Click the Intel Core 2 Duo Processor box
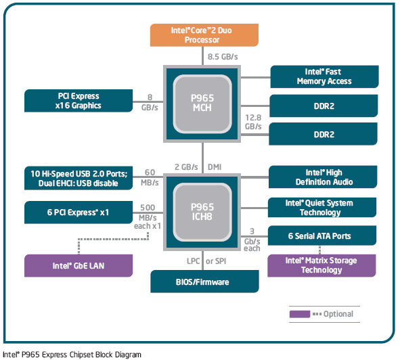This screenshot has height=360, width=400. pyautogui.click(x=204, y=35)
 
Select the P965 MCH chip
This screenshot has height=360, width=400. pyautogui.click(x=202, y=104)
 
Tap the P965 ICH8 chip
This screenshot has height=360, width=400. pyautogui.click(x=202, y=212)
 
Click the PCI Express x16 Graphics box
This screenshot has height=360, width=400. pyautogui.click(x=79, y=101)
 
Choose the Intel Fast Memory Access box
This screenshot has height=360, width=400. pyautogui.click(x=324, y=76)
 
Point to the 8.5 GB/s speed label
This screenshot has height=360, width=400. pyautogui.click(x=223, y=57)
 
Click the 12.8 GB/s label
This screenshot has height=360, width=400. pyautogui.click(x=253, y=122)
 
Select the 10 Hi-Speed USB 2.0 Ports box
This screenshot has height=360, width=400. pyautogui.click(x=79, y=178)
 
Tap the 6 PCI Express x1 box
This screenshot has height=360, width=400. pyautogui.click(x=79, y=212)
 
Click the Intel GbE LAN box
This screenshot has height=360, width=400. pyautogui.click(x=79, y=265)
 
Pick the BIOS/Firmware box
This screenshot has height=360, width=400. pyautogui.click(x=204, y=282)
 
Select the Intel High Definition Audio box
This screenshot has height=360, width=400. pyautogui.click(x=323, y=177)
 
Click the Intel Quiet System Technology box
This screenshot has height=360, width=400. pyautogui.click(x=322, y=208)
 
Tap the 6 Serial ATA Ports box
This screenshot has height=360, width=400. pyautogui.click(x=322, y=235)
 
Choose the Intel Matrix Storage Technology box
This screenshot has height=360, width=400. pyautogui.click(x=321, y=265)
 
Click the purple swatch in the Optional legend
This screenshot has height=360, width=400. pyautogui.click(x=300, y=314)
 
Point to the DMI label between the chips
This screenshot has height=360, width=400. pyautogui.click(x=215, y=167)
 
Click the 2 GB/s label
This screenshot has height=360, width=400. pyautogui.click(x=186, y=167)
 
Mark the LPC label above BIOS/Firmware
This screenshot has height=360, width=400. pyautogui.click(x=193, y=261)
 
